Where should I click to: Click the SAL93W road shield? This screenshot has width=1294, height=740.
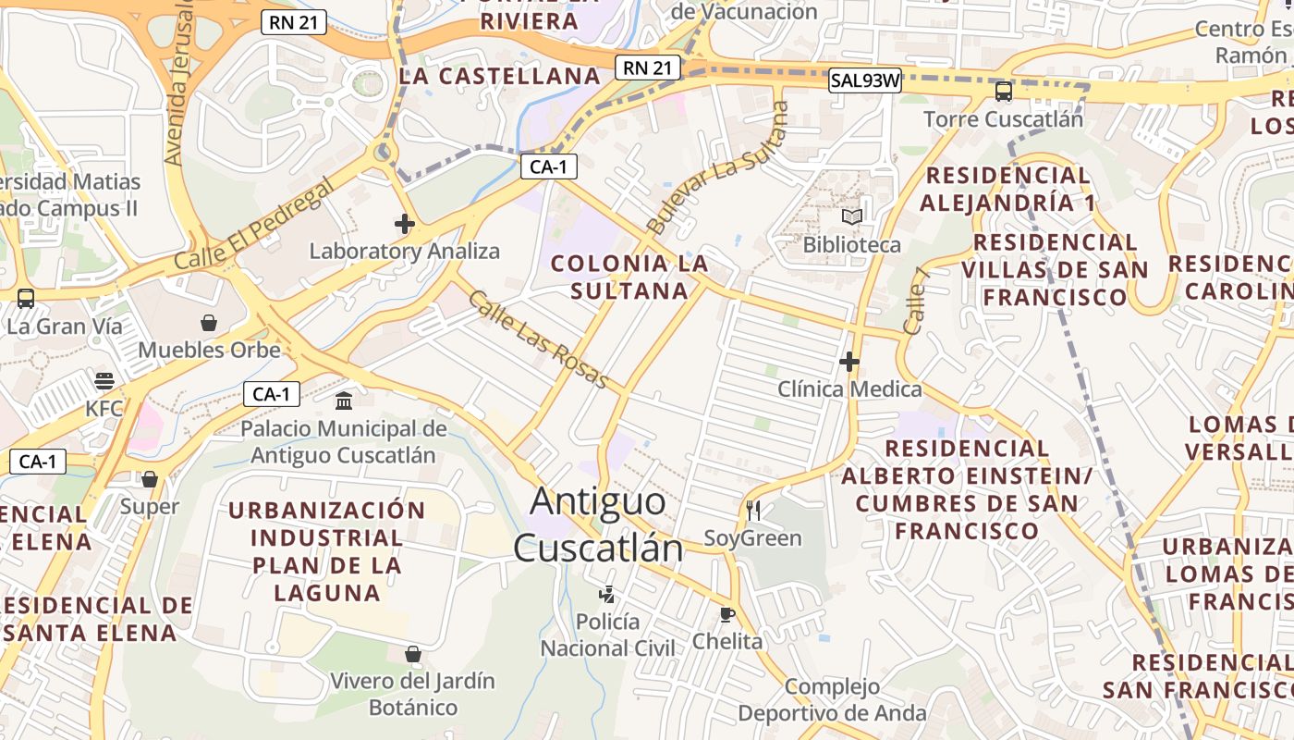click(x=864, y=80)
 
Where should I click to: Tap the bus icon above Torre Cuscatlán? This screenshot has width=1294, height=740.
click(x=1004, y=92)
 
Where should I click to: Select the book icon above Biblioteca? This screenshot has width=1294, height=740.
click(x=851, y=217)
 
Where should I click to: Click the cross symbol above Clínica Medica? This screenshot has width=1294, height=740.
click(x=849, y=362)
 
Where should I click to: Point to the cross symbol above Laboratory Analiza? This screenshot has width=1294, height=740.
click(x=404, y=224)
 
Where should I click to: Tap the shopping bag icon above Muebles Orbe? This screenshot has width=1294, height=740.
click(x=209, y=323)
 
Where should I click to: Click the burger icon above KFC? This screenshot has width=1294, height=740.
click(x=104, y=381)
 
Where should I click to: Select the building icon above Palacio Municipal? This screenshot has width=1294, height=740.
click(x=344, y=401)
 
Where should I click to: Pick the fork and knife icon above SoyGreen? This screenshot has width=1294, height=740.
click(x=753, y=511)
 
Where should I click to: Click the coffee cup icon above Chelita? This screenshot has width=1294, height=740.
click(x=727, y=614)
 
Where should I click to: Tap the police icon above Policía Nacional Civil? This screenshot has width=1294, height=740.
click(x=607, y=594)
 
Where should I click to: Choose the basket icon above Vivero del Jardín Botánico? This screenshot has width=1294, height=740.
click(x=413, y=654)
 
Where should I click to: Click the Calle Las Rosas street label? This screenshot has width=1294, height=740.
click(x=538, y=339)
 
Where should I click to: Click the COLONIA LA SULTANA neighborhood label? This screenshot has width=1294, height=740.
click(x=629, y=277)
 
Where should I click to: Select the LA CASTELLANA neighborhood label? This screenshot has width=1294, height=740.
click(x=500, y=76)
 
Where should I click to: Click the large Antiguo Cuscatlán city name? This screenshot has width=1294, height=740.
click(x=598, y=524)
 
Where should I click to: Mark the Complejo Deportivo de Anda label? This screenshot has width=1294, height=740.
click(x=832, y=699)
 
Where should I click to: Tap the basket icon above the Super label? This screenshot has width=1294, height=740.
click(x=149, y=479)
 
